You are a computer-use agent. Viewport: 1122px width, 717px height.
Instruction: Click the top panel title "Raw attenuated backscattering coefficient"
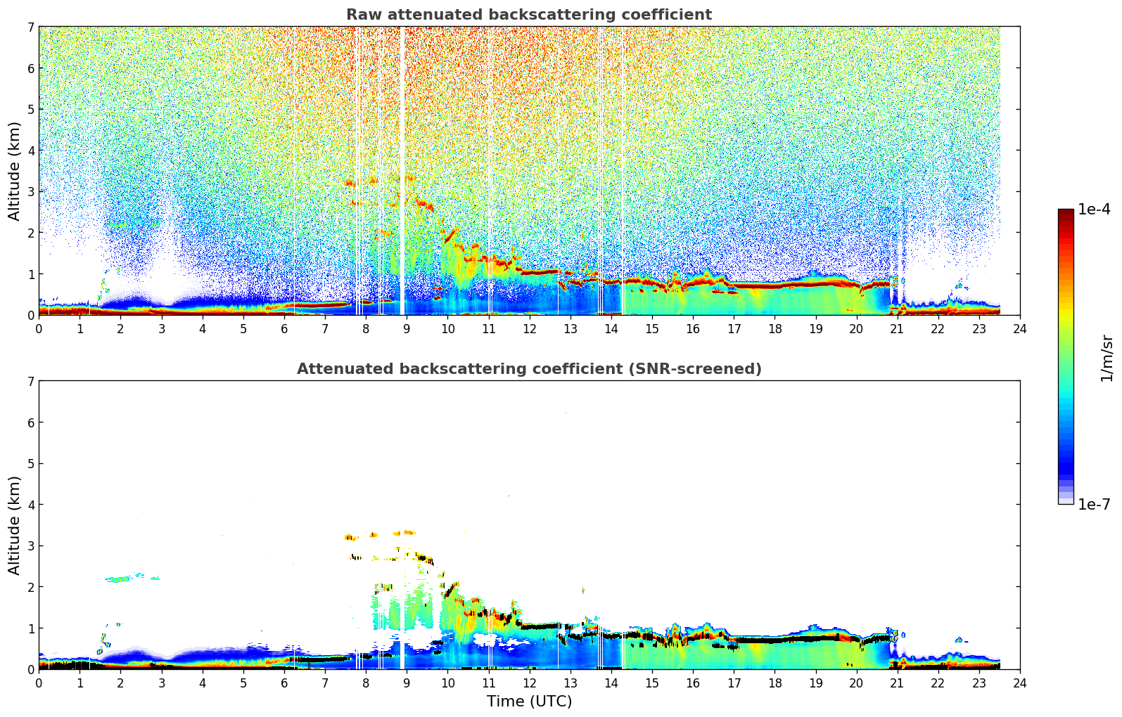point(528,15)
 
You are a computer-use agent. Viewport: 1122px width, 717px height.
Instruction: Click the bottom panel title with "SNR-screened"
point(528,369)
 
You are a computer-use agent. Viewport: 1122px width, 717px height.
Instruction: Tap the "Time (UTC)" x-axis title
point(529,701)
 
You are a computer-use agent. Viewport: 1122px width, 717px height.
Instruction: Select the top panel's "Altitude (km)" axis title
point(15,171)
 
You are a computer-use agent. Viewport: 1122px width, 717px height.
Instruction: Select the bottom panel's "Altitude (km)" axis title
point(15,525)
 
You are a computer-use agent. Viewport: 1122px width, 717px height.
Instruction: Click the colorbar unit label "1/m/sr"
point(1107,357)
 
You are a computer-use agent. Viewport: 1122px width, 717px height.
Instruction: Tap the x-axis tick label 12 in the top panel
point(529,329)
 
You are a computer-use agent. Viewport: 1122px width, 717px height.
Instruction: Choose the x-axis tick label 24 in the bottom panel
point(1019,683)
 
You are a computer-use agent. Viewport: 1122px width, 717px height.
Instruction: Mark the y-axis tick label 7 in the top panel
point(30,27)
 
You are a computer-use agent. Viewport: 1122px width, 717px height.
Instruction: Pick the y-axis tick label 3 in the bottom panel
point(30,545)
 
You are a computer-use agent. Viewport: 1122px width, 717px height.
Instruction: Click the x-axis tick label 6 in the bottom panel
point(284,683)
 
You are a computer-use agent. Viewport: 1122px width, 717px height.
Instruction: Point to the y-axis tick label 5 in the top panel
point(30,109)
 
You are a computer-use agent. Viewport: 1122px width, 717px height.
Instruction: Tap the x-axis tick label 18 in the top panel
point(774,329)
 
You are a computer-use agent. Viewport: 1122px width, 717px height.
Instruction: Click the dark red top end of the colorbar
point(1065,213)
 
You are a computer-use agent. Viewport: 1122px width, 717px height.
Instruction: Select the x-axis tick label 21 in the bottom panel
point(897,683)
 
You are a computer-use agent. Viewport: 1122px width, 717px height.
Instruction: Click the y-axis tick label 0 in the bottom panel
point(30,669)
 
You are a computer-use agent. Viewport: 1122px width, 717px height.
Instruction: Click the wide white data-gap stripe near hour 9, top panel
point(402,169)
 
